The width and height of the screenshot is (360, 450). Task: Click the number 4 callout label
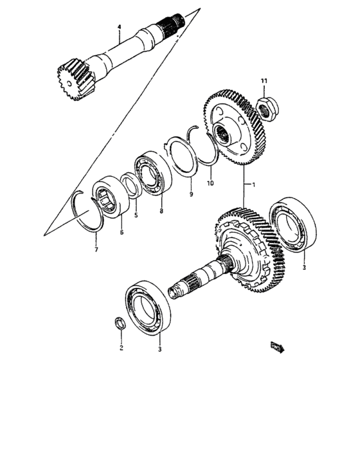pos(119,26)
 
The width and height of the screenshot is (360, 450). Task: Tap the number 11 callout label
pos(263,80)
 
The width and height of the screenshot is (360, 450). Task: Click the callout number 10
pos(209,184)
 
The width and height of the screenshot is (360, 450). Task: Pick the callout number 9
pos(190,194)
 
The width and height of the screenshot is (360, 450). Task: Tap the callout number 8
pos(161,210)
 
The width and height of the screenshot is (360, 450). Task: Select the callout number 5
pos(136,216)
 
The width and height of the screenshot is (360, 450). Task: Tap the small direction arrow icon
pos(278,347)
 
